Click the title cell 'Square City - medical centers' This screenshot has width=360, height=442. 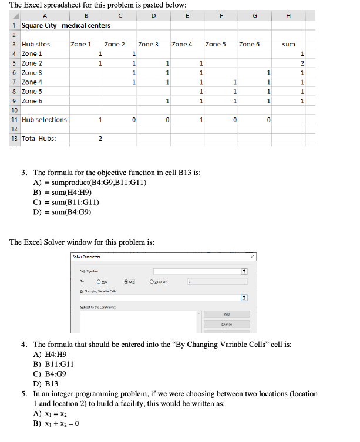57,25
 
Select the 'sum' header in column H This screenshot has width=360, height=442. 288,44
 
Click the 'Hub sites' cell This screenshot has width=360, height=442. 36,44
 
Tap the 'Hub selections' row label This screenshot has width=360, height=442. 44,120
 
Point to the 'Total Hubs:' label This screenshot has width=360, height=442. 39,139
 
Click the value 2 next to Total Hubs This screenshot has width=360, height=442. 100,139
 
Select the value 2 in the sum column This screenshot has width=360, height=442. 302,63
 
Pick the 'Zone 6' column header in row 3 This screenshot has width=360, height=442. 250,44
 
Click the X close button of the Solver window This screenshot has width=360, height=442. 253,256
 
